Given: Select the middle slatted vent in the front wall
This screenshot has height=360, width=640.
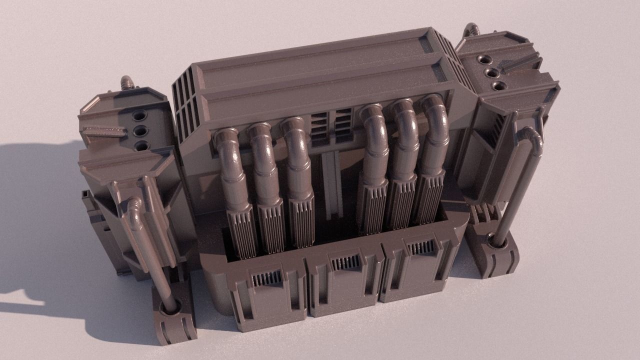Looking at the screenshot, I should coord(345,262).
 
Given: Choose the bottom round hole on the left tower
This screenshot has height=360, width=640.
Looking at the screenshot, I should coord(142,146).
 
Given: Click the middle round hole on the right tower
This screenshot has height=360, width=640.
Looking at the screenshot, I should coord(492,73).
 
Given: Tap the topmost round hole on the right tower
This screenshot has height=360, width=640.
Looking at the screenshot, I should coord(484,60).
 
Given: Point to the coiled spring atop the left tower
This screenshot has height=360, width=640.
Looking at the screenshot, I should coord(127,82).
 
